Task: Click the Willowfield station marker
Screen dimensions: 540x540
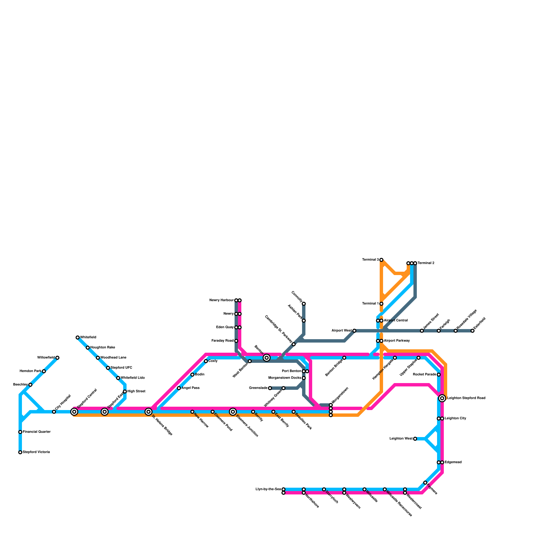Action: [57, 358]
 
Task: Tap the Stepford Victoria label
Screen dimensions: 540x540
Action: [36, 452]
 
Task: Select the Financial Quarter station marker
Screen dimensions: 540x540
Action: [20, 432]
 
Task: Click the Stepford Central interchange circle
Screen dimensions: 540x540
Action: [74, 412]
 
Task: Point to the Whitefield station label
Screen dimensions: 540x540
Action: [88, 337]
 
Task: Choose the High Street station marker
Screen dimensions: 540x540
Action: [125, 391]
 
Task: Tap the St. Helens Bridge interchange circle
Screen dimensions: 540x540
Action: [148, 412]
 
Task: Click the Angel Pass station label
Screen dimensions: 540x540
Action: [190, 388]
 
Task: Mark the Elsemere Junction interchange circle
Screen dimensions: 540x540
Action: [233, 412]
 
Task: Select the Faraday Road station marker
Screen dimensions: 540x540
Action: [236, 341]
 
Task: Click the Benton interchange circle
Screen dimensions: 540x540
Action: [267, 358]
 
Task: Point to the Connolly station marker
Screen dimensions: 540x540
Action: [304, 304]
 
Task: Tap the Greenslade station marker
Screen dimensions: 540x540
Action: [270, 388]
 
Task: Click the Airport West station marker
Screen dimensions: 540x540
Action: [354, 331]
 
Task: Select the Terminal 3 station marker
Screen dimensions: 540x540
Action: [381, 260]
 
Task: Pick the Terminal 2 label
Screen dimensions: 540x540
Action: [426, 263]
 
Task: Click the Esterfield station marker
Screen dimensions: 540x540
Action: [473, 331]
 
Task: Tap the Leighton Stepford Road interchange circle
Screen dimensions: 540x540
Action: [442, 399]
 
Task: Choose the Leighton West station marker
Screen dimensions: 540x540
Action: [415, 439]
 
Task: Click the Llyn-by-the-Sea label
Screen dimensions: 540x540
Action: [268, 489]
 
